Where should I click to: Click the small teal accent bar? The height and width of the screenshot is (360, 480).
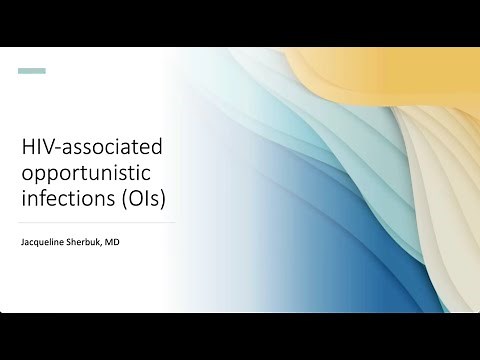pyautogui.click(x=33, y=71)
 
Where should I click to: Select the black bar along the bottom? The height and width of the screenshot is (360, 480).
pyautogui.click(x=240, y=336)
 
